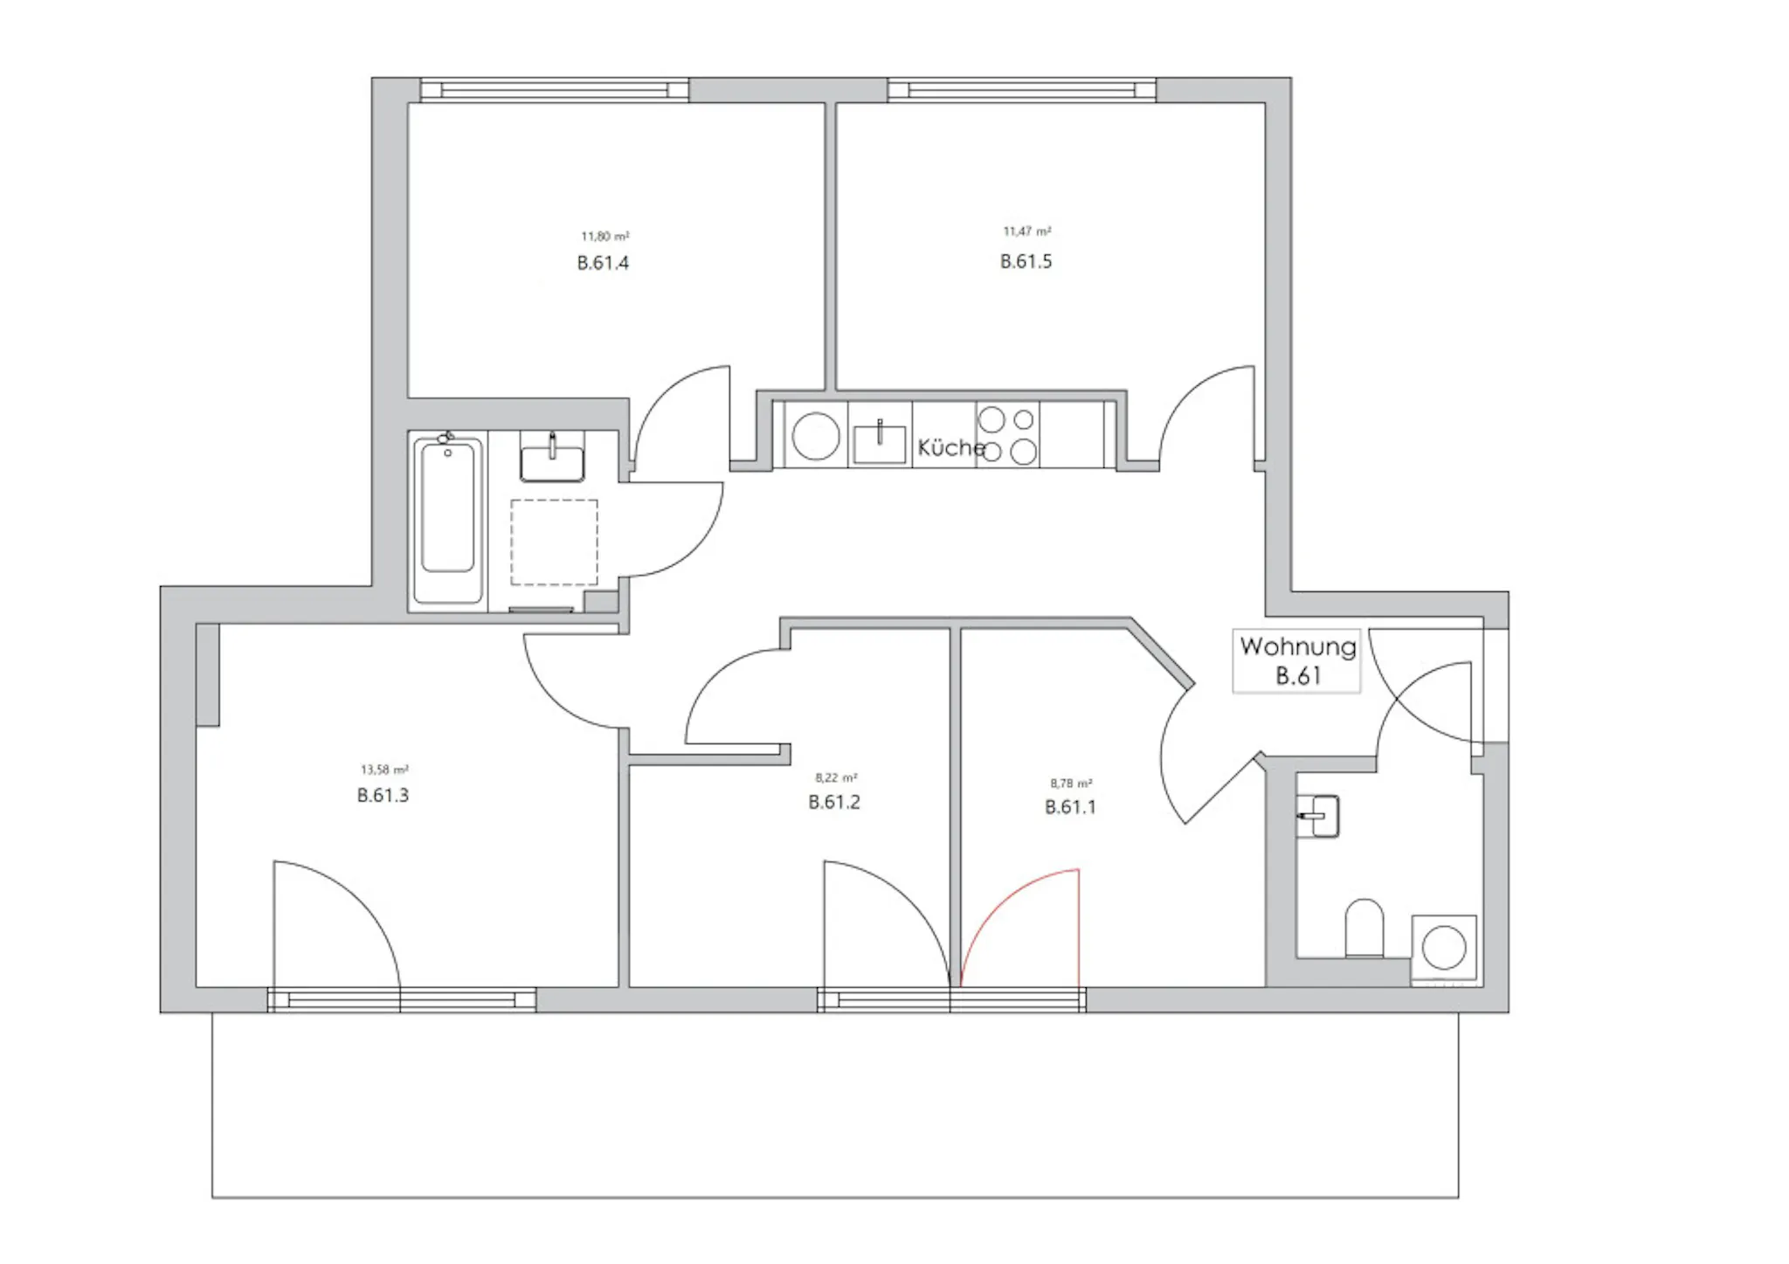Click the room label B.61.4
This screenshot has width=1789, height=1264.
coord(603,263)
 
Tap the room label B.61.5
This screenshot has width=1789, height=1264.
coord(1026,261)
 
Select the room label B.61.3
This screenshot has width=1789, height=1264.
coord(383,795)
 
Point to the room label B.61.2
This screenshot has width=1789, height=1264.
coord(834,802)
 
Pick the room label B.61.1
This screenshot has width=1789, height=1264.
coord(1070,807)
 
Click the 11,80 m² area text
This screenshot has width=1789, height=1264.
coord(605,236)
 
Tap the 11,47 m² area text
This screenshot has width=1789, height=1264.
coord(1027,231)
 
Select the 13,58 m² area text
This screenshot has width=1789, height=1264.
coord(384,770)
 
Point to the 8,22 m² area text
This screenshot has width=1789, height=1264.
coord(836,777)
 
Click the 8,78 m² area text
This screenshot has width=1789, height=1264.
coord(1071,784)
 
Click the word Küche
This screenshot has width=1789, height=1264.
coord(951,447)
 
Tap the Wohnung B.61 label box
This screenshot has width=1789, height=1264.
coord(1297,661)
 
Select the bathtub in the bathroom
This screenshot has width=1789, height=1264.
coord(448,520)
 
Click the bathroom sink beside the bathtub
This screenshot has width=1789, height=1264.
coord(552,456)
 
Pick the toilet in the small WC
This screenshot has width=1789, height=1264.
coord(1364,928)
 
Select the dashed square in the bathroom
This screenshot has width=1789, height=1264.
coord(555,542)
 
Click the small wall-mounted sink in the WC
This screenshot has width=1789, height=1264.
coord(1318,816)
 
